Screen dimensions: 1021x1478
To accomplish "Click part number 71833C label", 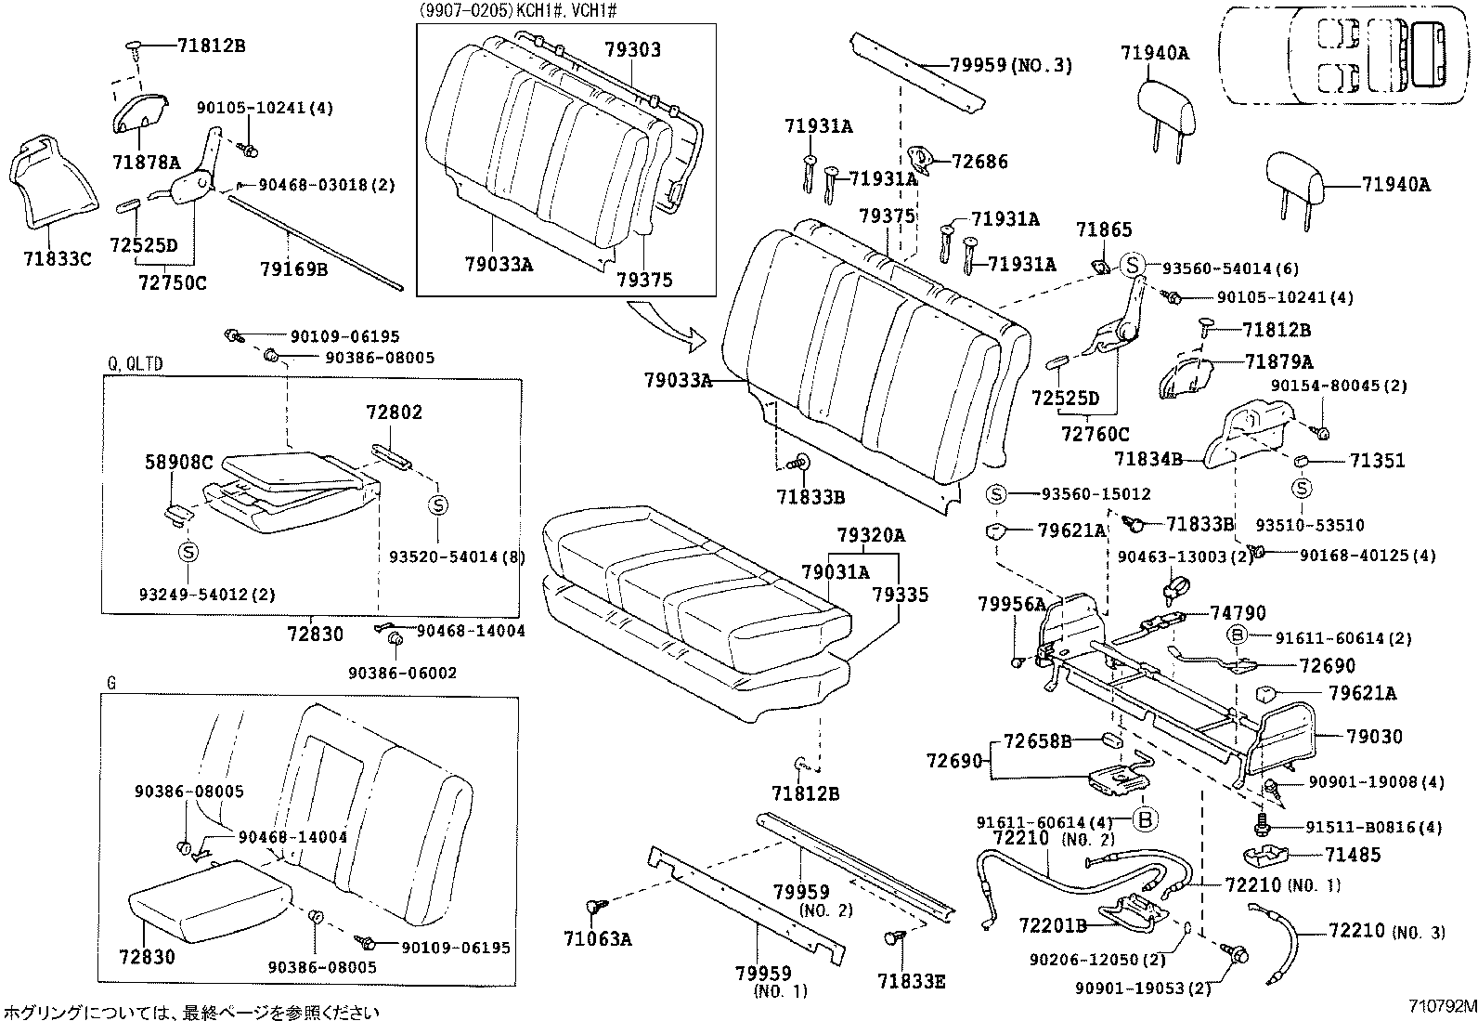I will (x=58, y=259).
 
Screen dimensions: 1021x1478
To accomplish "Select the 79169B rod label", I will (x=293, y=269).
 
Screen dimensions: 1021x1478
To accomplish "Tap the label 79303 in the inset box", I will (x=632, y=50).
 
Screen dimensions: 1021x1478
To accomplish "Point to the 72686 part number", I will (x=979, y=162).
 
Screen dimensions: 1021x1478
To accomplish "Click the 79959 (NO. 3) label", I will (x=1011, y=65).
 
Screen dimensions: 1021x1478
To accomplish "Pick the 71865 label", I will (x=1105, y=229).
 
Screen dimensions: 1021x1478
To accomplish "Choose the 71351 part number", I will (x=1378, y=461).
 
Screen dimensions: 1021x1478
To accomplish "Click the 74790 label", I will (x=1238, y=613).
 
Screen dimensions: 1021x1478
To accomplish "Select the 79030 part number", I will (x=1375, y=737).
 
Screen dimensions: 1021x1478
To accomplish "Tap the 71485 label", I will (x=1353, y=855).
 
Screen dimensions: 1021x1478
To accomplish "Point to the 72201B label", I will (x=1053, y=925).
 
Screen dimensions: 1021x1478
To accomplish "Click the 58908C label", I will (x=179, y=462).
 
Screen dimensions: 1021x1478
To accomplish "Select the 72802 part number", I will (x=394, y=412).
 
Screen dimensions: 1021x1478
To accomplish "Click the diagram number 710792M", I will (x=1439, y=1006).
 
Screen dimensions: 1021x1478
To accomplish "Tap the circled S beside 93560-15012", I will (x=996, y=494).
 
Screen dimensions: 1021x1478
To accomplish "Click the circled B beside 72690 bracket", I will (x=1145, y=819).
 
